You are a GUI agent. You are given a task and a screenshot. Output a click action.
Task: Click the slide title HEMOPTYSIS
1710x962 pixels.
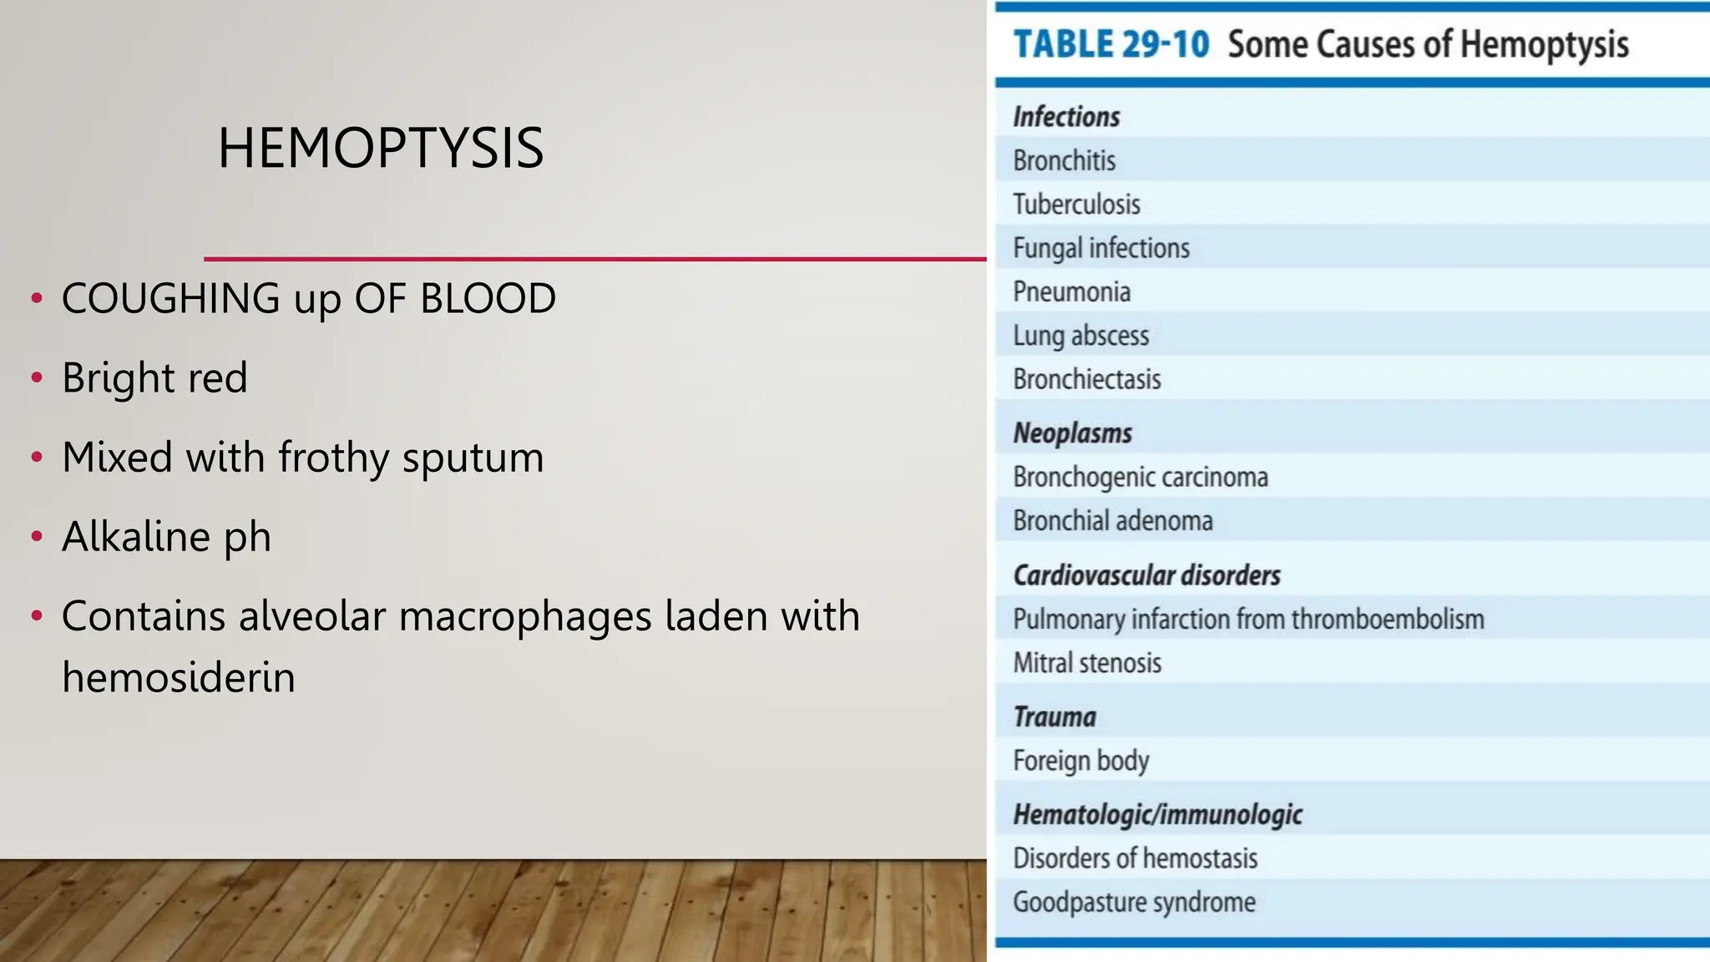tap(381, 149)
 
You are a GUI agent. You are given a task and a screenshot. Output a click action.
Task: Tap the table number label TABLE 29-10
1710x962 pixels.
tap(1110, 44)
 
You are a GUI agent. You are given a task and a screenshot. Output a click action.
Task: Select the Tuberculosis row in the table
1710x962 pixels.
tap(1076, 205)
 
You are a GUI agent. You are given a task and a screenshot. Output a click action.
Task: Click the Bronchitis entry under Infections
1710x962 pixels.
tap(1064, 160)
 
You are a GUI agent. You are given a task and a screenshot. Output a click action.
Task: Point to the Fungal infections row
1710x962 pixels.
tap(1100, 248)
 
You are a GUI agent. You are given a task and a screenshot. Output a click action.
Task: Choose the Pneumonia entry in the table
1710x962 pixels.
tap(1071, 292)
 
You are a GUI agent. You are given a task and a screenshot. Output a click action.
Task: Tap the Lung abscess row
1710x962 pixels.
tap(1080, 336)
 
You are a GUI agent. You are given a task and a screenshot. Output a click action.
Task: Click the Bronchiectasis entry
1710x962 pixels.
tap(1086, 379)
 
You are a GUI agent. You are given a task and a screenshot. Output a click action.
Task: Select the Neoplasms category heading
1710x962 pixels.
tap(1072, 433)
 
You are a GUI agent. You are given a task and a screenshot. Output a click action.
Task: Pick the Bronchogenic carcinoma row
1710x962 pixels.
tap(1140, 477)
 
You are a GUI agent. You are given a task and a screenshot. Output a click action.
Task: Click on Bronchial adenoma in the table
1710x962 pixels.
tap(1112, 521)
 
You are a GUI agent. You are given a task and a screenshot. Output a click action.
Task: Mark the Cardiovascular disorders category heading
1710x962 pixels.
tap(1146, 575)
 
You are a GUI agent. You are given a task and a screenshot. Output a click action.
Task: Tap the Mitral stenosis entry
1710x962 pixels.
tap(1087, 663)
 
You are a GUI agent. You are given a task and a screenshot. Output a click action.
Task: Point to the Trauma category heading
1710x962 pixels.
tap(1054, 716)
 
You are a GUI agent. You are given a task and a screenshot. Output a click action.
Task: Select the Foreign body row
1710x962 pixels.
tap(1080, 761)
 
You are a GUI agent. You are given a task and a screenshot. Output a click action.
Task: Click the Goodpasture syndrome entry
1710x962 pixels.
tap(1134, 902)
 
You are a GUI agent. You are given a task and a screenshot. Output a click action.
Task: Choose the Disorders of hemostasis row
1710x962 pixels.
tap(1135, 858)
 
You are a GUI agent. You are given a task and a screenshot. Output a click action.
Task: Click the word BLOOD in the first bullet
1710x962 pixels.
tap(488, 299)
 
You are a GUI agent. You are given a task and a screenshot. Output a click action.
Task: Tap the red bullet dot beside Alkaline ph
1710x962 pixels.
tap(36, 536)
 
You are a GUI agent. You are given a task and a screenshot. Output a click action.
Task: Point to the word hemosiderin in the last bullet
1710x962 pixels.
tap(179, 677)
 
